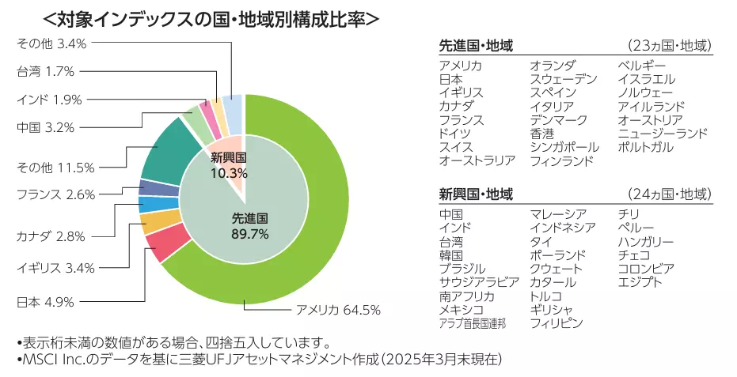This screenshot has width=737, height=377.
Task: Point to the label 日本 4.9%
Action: [45, 301]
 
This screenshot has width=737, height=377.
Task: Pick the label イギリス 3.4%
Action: [56, 269]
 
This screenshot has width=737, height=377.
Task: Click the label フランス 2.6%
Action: [56, 193]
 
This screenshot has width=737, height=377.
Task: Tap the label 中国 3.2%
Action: [45, 126]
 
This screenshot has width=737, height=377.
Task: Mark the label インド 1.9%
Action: [48, 100]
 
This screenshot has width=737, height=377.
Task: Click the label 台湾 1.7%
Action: [45, 72]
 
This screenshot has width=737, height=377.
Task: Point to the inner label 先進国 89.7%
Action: [250, 226]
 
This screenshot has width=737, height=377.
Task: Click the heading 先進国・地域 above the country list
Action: [476, 46]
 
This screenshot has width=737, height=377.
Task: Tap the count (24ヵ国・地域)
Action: [669, 194]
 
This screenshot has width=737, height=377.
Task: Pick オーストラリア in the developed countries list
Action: [477, 160]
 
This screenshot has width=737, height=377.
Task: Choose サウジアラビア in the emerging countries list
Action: [479, 282]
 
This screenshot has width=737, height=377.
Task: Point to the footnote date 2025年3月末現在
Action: [449, 360]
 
